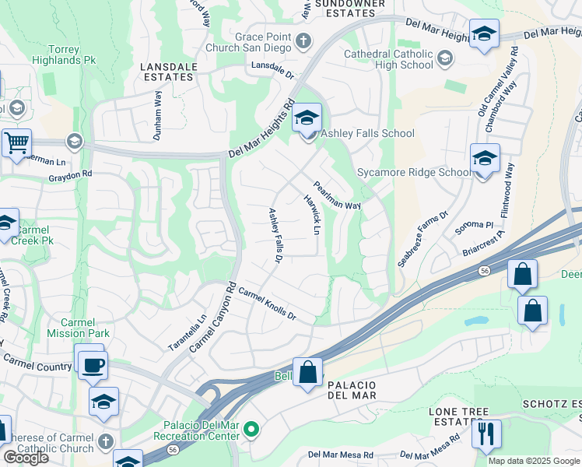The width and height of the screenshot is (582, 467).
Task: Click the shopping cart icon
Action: click(x=16, y=143)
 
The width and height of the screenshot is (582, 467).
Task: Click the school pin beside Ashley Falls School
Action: click(x=307, y=119)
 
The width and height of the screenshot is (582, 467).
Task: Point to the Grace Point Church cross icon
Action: click(x=304, y=40)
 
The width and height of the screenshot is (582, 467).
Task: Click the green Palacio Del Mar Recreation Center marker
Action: click(x=251, y=429)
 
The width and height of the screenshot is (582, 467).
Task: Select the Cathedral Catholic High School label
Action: click(x=390, y=59)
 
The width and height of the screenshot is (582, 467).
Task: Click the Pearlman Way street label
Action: click(x=337, y=195)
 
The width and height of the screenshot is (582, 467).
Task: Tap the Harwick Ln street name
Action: click(x=311, y=215)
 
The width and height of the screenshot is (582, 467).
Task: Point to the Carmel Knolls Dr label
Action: click(x=268, y=304)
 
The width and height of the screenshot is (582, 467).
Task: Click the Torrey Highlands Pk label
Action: click(x=68, y=54)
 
